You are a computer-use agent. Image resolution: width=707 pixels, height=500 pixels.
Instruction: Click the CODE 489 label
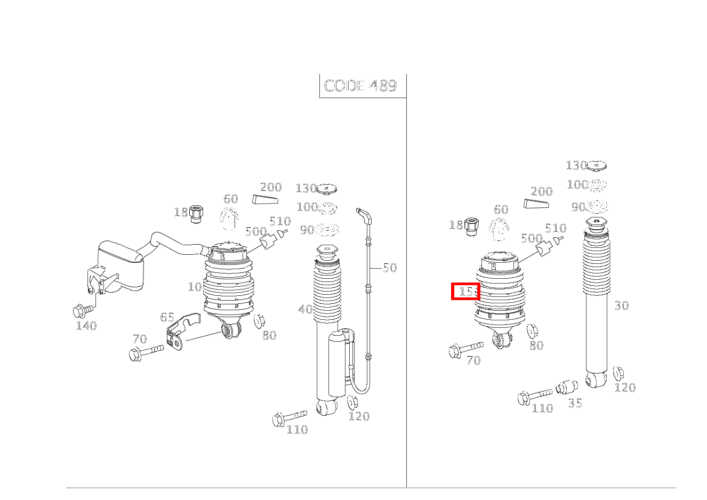point(361,86)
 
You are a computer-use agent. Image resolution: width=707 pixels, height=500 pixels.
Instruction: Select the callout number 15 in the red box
point(466,292)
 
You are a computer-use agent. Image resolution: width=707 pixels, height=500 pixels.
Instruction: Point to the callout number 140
point(86,326)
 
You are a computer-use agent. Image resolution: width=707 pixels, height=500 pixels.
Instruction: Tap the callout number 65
point(167,317)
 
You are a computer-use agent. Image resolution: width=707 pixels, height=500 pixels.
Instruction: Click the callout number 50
point(390,268)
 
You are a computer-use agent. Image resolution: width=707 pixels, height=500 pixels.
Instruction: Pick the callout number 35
point(575,403)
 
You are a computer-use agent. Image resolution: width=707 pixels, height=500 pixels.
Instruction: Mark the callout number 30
point(622,305)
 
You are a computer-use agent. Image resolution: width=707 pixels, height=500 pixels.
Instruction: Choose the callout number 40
point(306,309)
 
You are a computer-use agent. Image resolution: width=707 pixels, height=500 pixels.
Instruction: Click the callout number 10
point(195,287)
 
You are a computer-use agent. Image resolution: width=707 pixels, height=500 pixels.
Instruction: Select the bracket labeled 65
point(180,332)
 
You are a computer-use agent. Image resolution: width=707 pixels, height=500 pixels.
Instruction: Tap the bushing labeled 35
point(567,386)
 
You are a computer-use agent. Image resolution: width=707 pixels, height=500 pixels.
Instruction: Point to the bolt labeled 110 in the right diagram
point(534,396)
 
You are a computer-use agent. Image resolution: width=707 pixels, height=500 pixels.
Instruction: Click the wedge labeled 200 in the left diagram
point(266,200)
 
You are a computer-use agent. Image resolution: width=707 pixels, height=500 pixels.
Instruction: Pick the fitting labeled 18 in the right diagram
point(471,226)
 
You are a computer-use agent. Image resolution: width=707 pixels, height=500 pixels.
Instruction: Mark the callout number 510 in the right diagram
point(556,228)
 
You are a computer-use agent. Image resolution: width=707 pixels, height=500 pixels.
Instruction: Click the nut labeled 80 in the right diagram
point(531,331)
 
